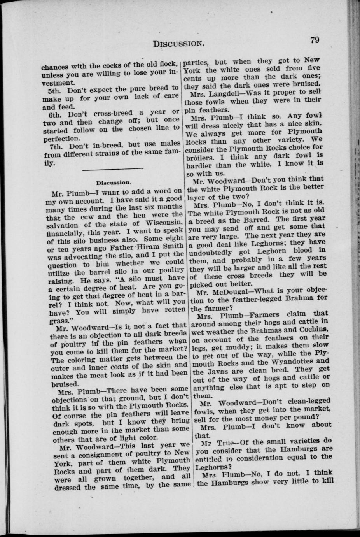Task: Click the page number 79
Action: pyautogui.click(x=315, y=39)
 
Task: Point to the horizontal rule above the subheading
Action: pyautogui.click(x=113, y=168)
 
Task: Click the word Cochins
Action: pyautogui.click(x=312, y=330)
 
